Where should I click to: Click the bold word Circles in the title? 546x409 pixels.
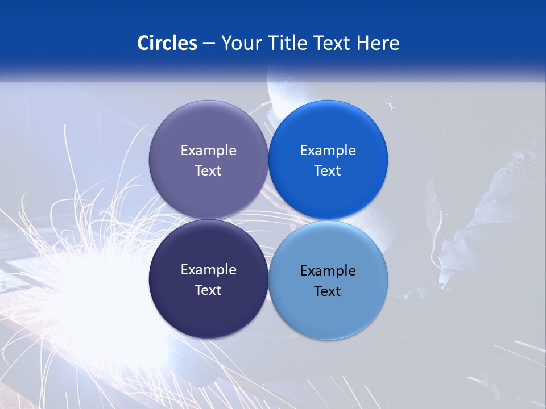pyautogui.click(x=167, y=43)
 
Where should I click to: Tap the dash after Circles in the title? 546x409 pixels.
pyautogui.click(x=209, y=44)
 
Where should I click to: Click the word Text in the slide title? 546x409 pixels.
pyautogui.click(x=332, y=43)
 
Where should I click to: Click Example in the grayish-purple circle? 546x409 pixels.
pyautogui.click(x=208, y=150)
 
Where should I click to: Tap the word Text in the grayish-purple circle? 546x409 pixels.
pyautogui.click(x=208, y=170)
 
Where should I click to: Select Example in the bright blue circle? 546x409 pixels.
pyautogui.click(x=328, y=150)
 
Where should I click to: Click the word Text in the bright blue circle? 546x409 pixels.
pyautogui.click(x=328, y=170)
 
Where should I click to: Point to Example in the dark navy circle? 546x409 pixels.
pyautogui.click(x=208, y=269)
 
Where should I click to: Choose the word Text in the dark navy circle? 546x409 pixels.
pyautogui.click(x=208, y=290)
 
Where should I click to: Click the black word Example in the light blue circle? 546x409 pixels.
pyautogui.click(x=328, y=270)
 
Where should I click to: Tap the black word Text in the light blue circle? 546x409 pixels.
pyautogui.click(x=328, y=291)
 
